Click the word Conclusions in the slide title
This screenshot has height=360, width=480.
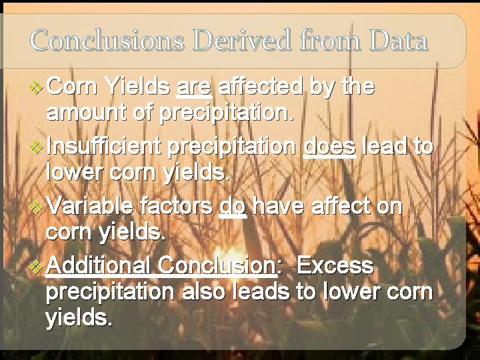click(107, 41)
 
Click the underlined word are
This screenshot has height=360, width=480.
click(195, 87)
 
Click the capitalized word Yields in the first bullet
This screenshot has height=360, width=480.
click(139, 87)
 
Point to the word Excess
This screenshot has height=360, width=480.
click(335, 266)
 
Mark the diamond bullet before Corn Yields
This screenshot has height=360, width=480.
click(37, 87)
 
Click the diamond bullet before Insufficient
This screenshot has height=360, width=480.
click(37, 147)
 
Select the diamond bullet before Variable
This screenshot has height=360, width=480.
click(37, 207)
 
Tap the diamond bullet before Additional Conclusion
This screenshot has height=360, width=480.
click(37, 266)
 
